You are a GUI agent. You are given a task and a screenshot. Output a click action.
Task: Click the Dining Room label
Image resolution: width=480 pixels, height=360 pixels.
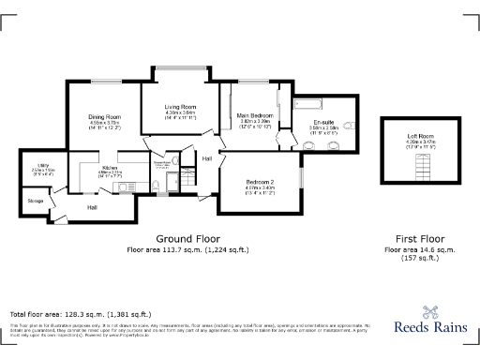click(105, 117)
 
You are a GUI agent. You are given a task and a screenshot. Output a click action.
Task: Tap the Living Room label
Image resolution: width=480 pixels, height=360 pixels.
click(180, 107)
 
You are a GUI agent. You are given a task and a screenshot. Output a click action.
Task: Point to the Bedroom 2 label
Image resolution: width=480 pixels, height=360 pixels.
click(260, 181)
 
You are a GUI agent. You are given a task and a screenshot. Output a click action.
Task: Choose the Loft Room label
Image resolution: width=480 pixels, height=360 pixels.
click(406, 137)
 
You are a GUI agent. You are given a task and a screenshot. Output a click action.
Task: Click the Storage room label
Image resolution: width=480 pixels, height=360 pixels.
click(36, 200)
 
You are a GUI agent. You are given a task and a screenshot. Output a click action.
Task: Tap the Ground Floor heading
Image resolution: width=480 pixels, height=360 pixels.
click(182, 239)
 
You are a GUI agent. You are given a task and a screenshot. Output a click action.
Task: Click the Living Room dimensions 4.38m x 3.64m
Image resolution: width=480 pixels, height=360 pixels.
click(180, 113)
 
